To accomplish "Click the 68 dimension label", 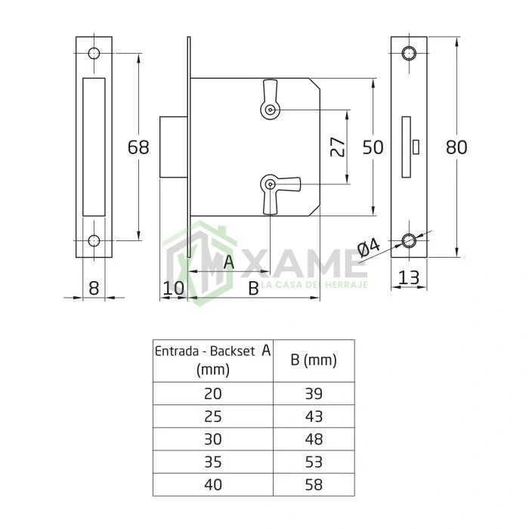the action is [138, 147].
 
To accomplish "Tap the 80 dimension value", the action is [456, 147].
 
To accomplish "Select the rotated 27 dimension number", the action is [338, 147].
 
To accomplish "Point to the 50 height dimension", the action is [373, 147].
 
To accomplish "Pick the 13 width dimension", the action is [409, 277].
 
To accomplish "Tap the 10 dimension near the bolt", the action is [173, 289].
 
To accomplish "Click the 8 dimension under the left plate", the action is [94, 289].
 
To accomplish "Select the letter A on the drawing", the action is [229, 262].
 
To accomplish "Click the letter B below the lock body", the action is [253, 289].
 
